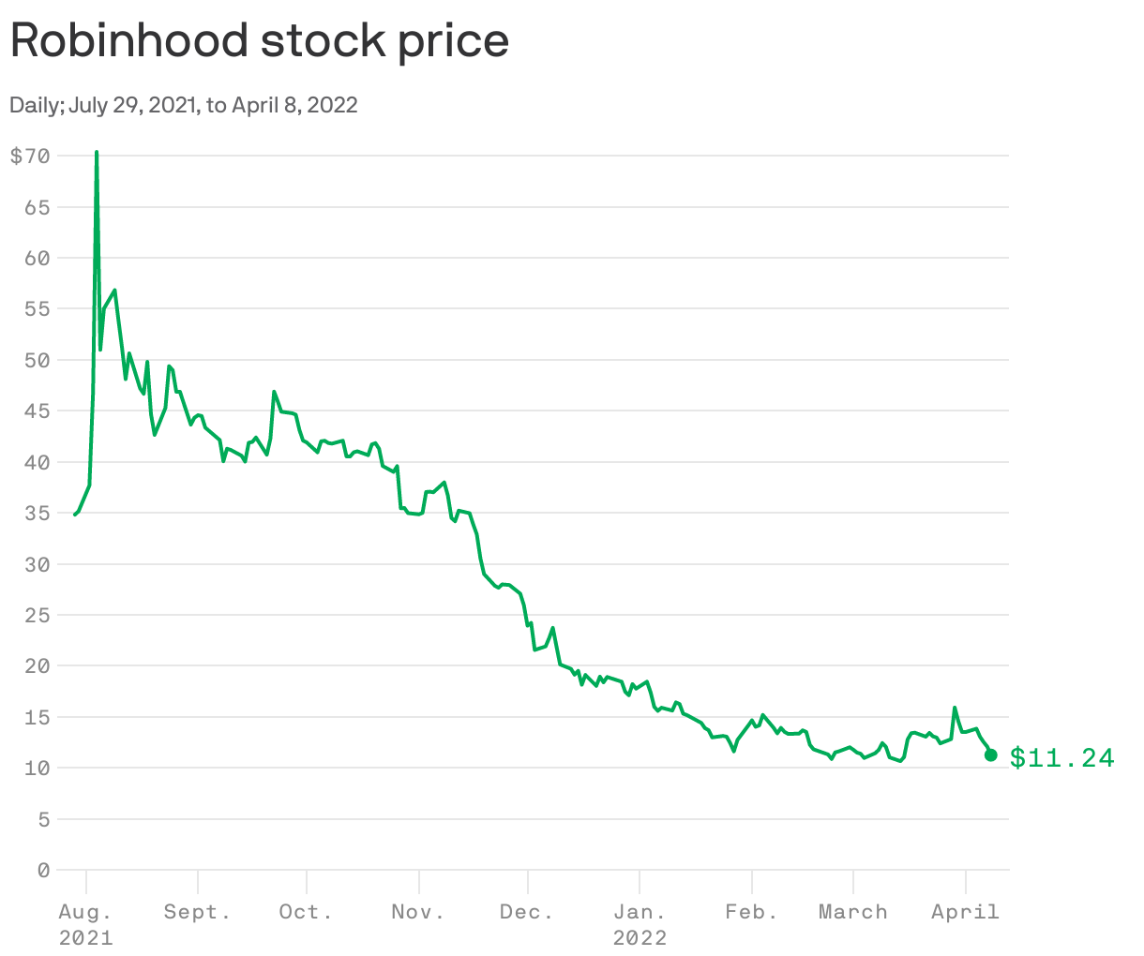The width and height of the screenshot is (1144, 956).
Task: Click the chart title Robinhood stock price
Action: (x=260, y=41)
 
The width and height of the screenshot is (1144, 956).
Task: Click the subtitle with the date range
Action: (x=184, y=105)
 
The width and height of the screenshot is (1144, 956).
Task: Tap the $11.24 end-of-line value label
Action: (x=1061, y=757)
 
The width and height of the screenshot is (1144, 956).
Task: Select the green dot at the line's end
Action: (x=990, y=755)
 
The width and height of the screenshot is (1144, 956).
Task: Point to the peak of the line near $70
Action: (x=97, y=152)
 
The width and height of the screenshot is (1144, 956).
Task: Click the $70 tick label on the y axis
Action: (x=29, y=156)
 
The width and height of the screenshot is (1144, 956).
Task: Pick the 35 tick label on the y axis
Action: (x=37, y=514)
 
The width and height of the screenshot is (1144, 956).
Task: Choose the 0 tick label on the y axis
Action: (x=43, y=871)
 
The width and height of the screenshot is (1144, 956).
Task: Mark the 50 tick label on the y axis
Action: (x=37, y=360)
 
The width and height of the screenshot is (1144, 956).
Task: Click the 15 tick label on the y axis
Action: (x=37, y=717)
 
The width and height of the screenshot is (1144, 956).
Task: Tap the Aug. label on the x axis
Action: (x=85, y=912)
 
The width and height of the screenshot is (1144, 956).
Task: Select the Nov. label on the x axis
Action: (x=418, y=912)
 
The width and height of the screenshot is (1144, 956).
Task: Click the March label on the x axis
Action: (x=852, y=912)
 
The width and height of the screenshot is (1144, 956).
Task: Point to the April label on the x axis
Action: (x=965, y=912)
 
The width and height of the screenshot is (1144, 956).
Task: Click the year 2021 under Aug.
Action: (x=85, y=938)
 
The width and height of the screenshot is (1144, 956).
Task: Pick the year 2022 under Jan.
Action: (x=640, y=938)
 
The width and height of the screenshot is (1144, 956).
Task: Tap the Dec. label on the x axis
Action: (x=528, y=912)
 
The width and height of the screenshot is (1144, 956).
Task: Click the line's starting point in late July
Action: (x=75, y=515)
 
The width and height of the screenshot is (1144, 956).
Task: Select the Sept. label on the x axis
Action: (x=197, y=912)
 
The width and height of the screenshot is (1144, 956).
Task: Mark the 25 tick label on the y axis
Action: (x=37, y=615)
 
